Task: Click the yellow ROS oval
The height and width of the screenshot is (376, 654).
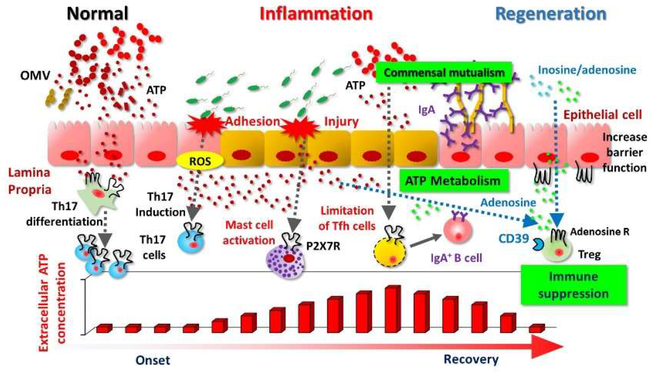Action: click(200, 161)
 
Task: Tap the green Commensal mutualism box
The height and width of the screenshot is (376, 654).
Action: click(444, 73)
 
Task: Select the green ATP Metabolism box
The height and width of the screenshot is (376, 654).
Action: click(453, 181)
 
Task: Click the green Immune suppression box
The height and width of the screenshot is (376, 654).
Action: click(574, 285)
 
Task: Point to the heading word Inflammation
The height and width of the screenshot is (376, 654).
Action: click(316, 14)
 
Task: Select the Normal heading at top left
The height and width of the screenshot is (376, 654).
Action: click(97, 13)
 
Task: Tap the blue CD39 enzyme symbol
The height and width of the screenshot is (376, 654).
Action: click(538, 244)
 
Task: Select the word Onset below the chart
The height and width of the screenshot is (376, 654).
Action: click(153, 360)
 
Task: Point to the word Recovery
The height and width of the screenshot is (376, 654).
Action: click(471, 359)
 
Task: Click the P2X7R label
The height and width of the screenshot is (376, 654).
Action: click(323, 246)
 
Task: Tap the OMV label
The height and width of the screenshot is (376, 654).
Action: click(35, 75)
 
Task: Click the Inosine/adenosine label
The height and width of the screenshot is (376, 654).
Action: click(587, 70)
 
